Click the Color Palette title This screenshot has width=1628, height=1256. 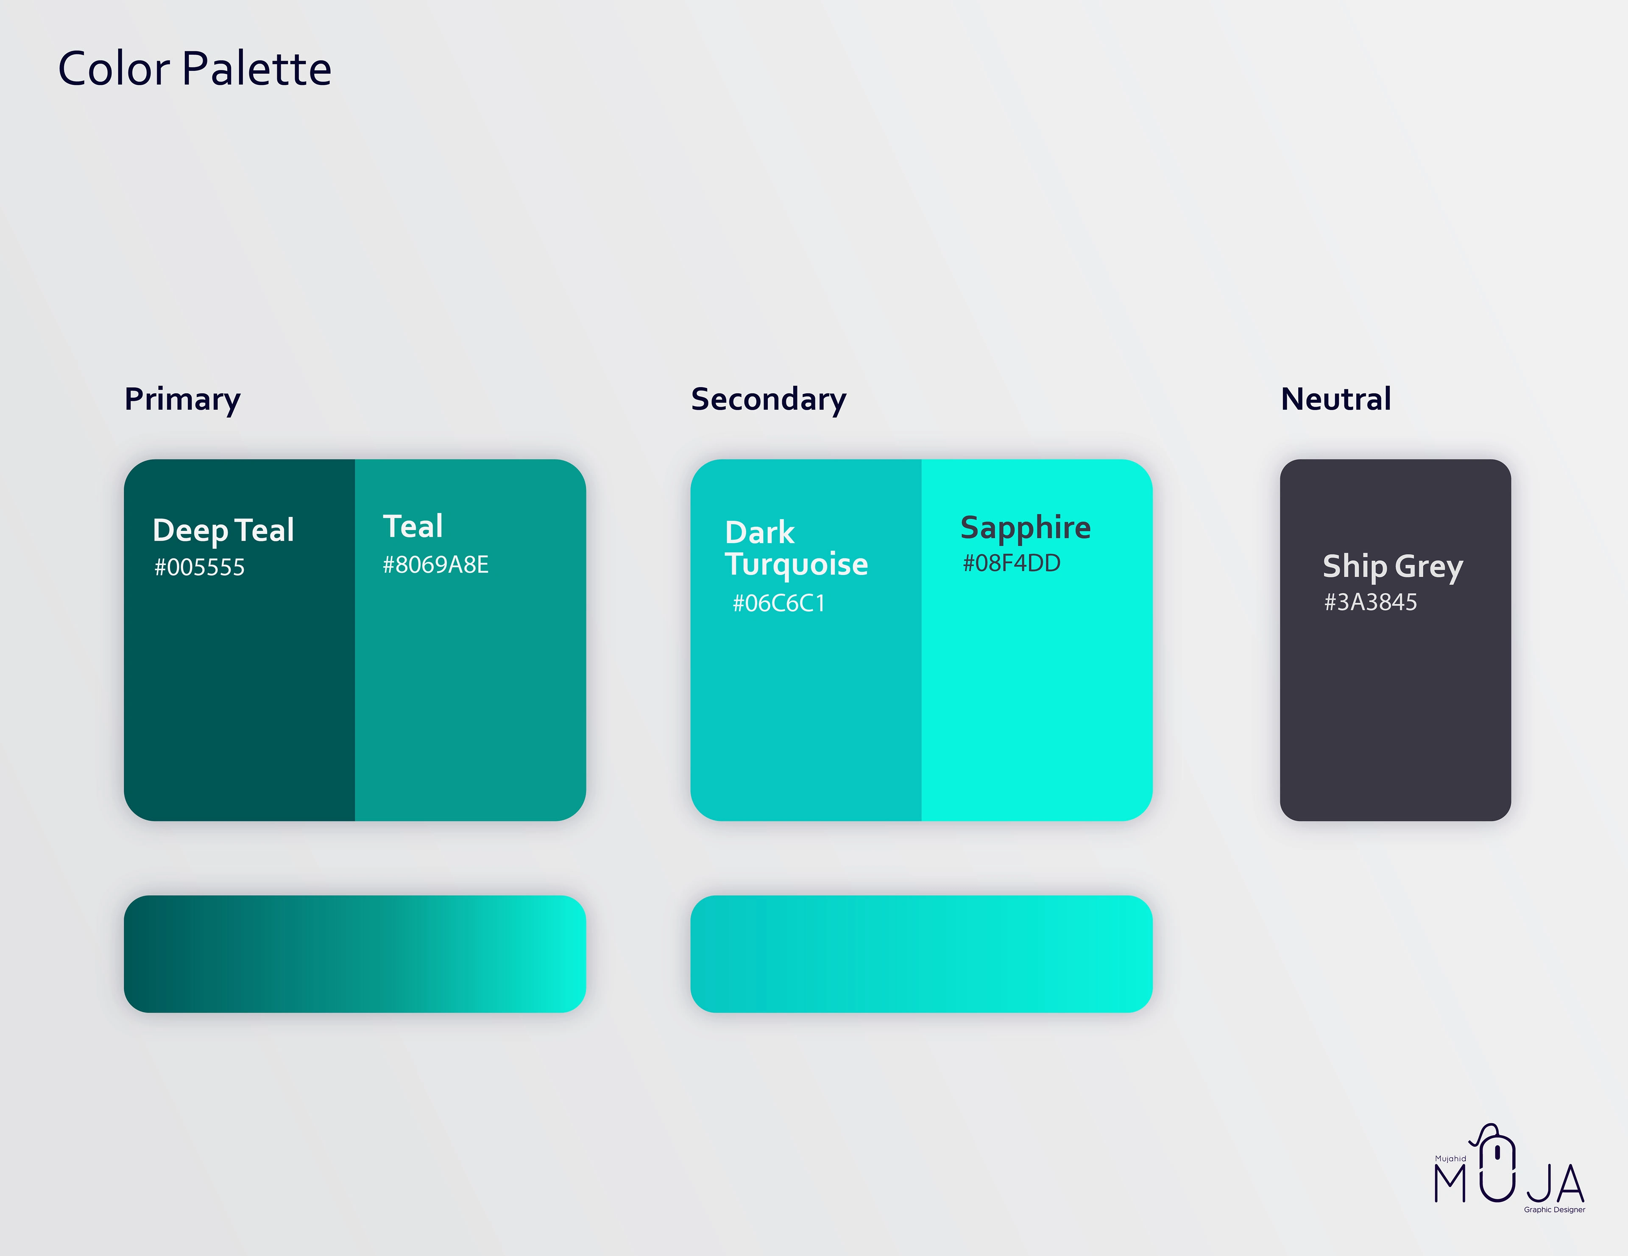195,69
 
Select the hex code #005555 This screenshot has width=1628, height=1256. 199,568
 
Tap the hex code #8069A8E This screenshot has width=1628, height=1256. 435,565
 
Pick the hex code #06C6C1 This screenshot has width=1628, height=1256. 779,603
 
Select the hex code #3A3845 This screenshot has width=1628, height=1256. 1370,602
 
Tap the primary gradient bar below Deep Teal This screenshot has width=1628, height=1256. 355,953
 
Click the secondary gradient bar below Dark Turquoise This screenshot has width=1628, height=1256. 921,953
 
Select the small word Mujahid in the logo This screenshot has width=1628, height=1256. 1451,1159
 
